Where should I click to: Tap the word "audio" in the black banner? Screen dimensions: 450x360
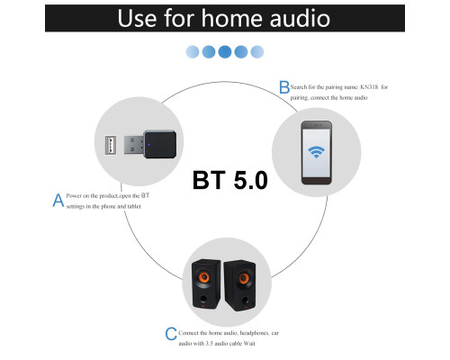click(300, 18)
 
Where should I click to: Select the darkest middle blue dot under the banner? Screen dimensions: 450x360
click(225, 51)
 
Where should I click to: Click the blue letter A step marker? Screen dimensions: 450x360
click(58, 200)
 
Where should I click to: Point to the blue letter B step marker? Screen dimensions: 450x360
click(284, 87)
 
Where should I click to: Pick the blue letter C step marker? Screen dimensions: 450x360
click(171, 334)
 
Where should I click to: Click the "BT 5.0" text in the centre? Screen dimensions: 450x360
click(230, 180)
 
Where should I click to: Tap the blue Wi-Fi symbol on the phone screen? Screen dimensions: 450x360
click(316, 152)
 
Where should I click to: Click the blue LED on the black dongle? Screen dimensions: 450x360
click(148, 145)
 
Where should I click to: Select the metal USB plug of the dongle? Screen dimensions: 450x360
click(134, 145)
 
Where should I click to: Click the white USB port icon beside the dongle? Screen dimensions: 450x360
click(111, 145)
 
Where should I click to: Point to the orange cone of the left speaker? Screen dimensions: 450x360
click(203, 277)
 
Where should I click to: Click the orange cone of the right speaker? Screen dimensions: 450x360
click(244, 278)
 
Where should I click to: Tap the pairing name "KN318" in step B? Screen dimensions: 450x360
click(369, 87)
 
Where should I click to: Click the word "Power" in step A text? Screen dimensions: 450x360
click(74, 196)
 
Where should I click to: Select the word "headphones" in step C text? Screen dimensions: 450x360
click(255, 333)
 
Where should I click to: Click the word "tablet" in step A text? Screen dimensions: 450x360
click(134, 206)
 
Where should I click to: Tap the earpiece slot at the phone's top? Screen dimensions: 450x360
click(316, 125)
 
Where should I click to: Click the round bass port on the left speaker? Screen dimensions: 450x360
click(203, 299)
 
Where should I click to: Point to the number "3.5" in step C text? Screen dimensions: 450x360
click(209, 344)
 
